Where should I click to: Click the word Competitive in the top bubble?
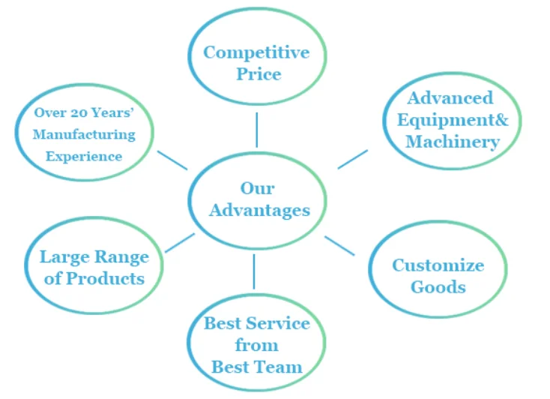(x=256, y=52)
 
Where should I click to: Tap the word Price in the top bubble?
(x=257, y=74)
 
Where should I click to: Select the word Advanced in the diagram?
(x=450, y=98)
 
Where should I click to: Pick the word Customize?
(x=438, y=265)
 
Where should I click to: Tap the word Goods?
(x=438, y=286)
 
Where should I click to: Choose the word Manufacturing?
(x=84, y=135)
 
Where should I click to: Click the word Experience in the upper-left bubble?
(x=84, y=157)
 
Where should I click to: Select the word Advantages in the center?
(x=259, y=210)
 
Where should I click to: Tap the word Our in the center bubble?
(x=257, y=188)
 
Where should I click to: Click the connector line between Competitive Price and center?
(x=256, y=130)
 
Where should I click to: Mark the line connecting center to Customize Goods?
(x=339, y=246)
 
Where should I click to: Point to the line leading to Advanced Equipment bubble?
(x=353, y=159)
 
